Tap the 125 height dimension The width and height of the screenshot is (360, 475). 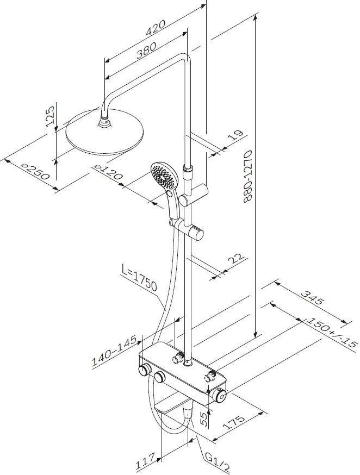point(51,115)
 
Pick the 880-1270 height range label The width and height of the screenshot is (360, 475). point(247,176)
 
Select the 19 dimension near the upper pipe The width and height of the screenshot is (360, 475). point(237,135)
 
